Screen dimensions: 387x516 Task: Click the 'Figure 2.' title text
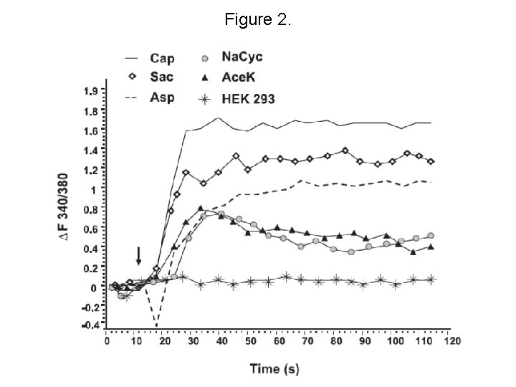258,20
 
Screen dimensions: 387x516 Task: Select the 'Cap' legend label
161,58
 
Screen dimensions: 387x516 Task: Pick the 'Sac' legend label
161,76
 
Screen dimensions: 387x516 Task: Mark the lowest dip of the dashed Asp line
156,326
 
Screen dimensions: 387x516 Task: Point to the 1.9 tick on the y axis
91,92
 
